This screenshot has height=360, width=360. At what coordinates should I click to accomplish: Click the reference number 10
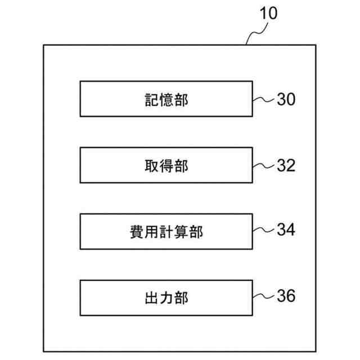point(268,13)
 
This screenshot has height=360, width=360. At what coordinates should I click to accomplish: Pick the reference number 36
point(285,296)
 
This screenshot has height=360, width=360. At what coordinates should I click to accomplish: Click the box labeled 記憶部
point(166,99)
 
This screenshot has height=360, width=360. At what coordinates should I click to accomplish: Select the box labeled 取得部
point(166,165)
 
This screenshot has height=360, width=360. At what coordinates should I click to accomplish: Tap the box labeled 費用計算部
point(166,231)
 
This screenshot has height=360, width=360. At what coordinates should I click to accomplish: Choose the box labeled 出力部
point(166,297)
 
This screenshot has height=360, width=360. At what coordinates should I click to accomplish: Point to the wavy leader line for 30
point(263,100)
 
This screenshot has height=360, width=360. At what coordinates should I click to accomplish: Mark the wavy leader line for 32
point(263,166)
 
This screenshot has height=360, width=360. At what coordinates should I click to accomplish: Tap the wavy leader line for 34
point(263,231)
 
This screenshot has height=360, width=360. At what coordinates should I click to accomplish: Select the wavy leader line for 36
point(263,296)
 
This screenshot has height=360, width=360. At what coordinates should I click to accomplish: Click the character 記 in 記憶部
point(149,100)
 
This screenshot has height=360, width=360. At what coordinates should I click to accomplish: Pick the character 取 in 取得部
point(149,166)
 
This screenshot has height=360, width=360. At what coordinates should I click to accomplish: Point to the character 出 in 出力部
point(149,298)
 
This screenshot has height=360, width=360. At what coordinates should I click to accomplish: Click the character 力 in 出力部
point(166,298)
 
